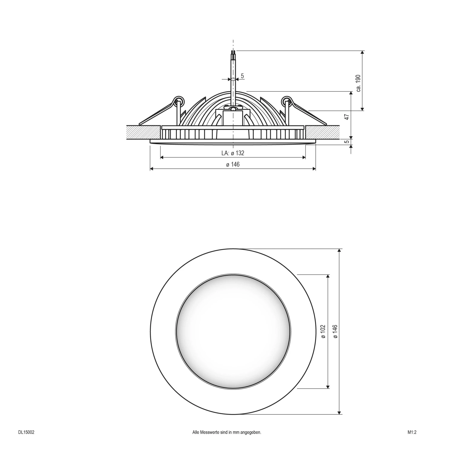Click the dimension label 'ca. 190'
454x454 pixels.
[358, 83]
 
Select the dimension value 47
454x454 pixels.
[347, 117]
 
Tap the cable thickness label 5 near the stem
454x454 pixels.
[242, 76]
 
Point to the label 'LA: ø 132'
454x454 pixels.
[232, 153]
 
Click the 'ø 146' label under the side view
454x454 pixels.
[232, 164]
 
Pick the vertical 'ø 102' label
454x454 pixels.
[323, 331]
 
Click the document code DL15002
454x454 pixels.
[26, 433]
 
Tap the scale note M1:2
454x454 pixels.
[412, 433]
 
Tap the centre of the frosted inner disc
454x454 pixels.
[233, 331]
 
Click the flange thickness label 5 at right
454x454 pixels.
[347, 141]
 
